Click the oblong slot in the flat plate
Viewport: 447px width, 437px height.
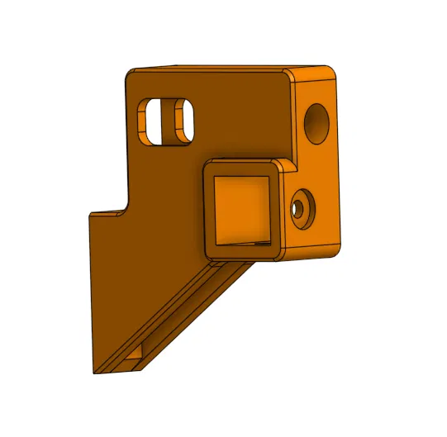[x=154, y=121]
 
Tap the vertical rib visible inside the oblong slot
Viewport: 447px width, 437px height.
[x=178, y=119]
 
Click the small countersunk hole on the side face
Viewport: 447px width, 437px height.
[x=302, y=207]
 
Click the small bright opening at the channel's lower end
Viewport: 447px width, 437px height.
[x=135, y=360]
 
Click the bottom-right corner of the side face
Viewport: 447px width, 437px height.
[x=336, y=247]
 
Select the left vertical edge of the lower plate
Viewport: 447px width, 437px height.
[x=90, y=289]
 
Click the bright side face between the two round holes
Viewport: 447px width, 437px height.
[x=318, y=165]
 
